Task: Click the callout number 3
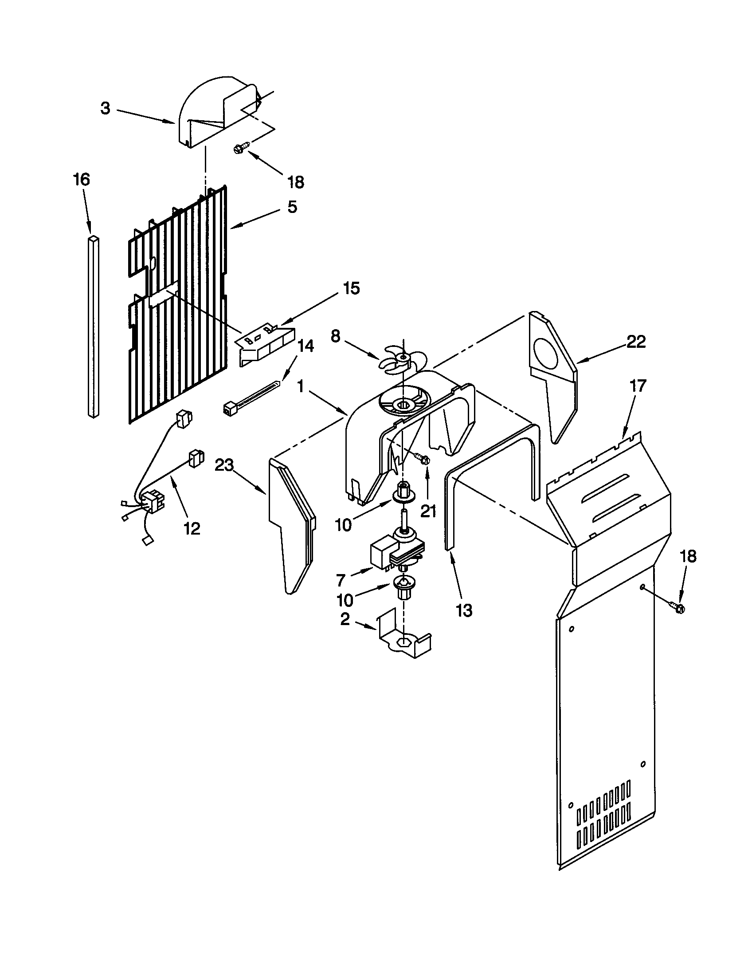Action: [x=105, y=108]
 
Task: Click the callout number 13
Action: [x=464, y=610]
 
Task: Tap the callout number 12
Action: [x=192, y=528]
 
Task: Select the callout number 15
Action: [x=352, y=288]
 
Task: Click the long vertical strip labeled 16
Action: [x=93, y=326]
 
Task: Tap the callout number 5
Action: [x=292, y=207]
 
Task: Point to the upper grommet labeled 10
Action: [x=403, y=491]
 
